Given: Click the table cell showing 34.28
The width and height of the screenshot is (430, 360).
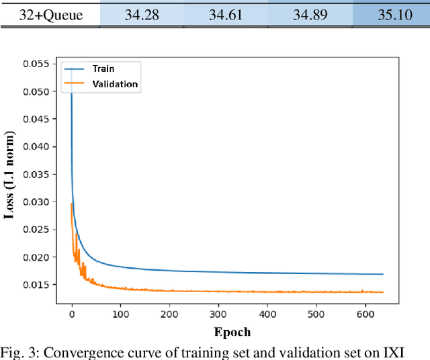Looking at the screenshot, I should pyautogui.click(x=142, y=13).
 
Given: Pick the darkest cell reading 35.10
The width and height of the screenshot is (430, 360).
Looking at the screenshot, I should pyautogui.click(x=394, y=13).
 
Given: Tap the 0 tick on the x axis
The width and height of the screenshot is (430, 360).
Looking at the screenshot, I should pyautogui.click(x=72, y=314).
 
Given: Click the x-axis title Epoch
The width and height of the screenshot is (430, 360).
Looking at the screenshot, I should pyautogui.click(x=232, y=331).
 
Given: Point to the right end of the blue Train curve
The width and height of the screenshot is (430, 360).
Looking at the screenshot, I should pyautogui.click(x=383, y=274).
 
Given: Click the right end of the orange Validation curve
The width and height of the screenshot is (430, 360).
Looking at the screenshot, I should pyautogui.click(x=383, y=292).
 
